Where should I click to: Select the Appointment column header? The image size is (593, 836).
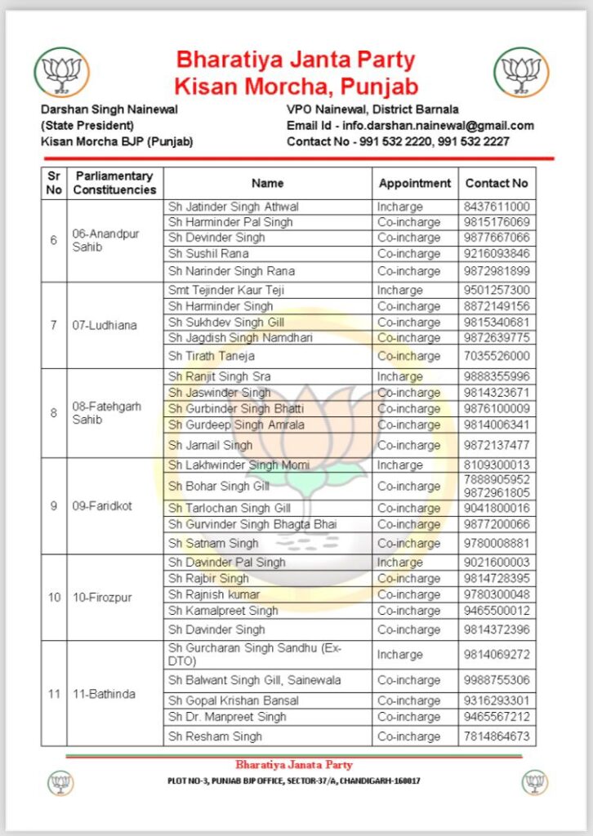(x=415, y=184)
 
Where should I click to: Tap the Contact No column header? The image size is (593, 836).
(x=497, y=184)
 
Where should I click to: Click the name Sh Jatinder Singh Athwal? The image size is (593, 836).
(x=234, y=207)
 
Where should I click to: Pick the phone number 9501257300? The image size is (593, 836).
(x=497, y=290)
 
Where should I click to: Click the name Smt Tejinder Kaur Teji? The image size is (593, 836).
(x=226, y=290)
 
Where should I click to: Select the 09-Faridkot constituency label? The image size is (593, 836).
(x=102, y=505)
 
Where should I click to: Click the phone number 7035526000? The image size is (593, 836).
(x=497, y=356)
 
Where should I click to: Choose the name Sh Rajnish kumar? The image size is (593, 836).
(x=214, y=594)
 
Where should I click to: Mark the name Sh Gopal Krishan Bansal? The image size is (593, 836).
(x=234, y=700)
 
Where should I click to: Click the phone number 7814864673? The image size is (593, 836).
(x=497, y=736)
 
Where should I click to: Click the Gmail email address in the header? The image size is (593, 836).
(x=438, y=126)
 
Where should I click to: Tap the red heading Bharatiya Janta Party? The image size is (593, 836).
(x=296, y=60)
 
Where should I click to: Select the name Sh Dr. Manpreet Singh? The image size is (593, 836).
(x=227, y=717)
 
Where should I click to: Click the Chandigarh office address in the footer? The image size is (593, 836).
(x=294, y=780)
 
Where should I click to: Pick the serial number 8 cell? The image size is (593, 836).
(x=54, y=413)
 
